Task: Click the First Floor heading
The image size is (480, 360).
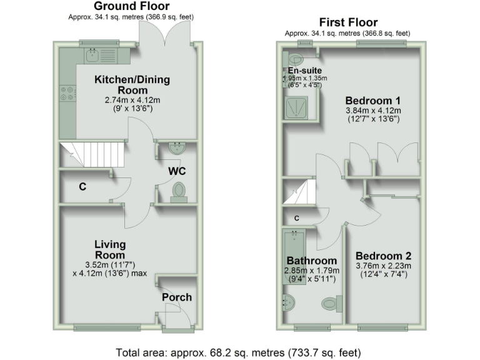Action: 347,22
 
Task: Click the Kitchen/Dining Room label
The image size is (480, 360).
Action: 131,85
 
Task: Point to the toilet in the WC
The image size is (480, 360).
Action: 178,191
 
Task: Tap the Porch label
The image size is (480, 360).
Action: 177,297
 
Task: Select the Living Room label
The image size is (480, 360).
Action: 110,249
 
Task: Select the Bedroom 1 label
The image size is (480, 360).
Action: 373,100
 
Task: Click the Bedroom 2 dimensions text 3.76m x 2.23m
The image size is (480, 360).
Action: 382,265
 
